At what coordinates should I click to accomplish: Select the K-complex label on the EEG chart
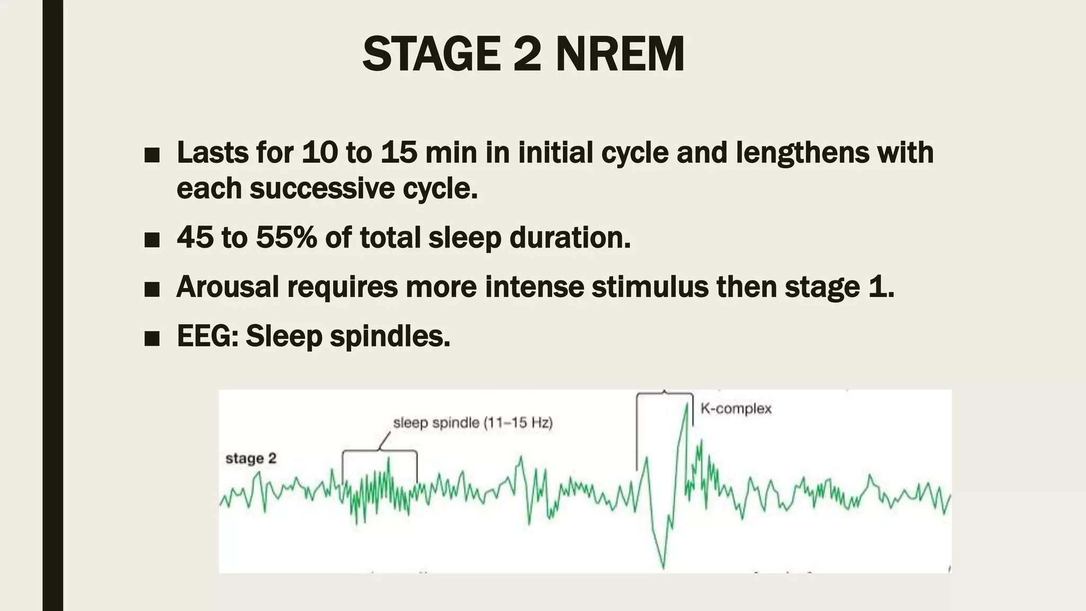click(736, 409)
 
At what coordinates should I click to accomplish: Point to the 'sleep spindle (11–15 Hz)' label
click(472, 423)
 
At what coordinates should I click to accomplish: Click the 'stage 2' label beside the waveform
click(251, 458)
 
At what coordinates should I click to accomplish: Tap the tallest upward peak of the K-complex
click(687, 404)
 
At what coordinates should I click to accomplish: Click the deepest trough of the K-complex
click(663, 568)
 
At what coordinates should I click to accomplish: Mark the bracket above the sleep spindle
click(379, 452)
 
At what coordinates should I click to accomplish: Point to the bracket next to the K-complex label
click(664, 394)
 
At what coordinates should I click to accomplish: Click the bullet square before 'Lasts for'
click(152, 155)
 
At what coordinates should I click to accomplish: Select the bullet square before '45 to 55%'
click(152, 240)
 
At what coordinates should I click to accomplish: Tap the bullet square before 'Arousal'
click(152, 290)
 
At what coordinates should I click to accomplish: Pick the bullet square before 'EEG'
click(152, 338)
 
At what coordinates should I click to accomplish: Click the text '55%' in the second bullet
click(286, 237)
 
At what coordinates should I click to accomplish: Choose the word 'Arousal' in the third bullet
click(227, 286)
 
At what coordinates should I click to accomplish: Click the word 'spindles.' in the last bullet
click(390, 336)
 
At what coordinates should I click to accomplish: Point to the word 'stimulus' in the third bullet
click(650, 286)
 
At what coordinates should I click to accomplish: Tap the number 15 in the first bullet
click(398, 153)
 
